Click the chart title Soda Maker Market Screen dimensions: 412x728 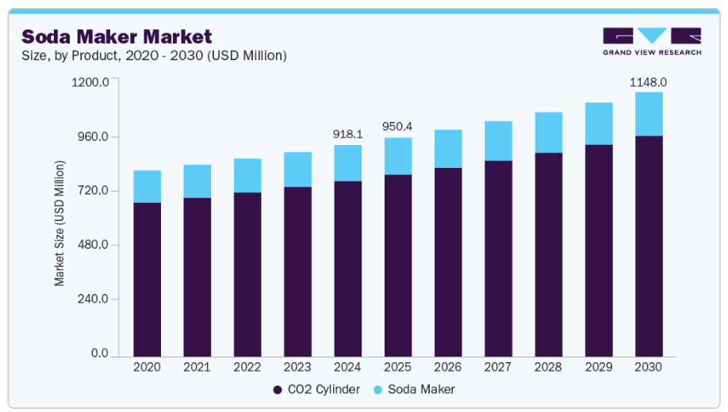[117, 36]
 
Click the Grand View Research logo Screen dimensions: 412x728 [651, 41]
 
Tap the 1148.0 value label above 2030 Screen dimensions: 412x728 [648, 82]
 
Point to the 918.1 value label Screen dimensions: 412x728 [347, 134]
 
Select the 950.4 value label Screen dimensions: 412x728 [398, 127]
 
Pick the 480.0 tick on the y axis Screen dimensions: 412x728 [92, 245]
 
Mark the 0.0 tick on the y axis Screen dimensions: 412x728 [99, 353]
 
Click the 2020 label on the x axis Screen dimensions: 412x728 [147, 368]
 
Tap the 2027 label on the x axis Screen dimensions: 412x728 [498, 368]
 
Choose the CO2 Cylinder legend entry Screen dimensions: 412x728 [316, 389]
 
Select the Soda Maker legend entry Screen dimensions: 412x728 [418, 389]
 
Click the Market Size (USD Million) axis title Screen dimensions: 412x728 [59, 223]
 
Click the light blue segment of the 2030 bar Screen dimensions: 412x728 [649, 114]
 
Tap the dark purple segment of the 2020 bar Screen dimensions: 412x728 [147, 280]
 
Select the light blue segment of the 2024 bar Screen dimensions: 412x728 [347, 163]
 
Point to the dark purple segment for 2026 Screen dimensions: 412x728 [448, 262]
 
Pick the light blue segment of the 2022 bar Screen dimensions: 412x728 [247, 175]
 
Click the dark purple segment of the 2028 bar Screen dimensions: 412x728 [548, 254]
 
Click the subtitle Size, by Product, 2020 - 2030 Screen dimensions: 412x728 [154, 55]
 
